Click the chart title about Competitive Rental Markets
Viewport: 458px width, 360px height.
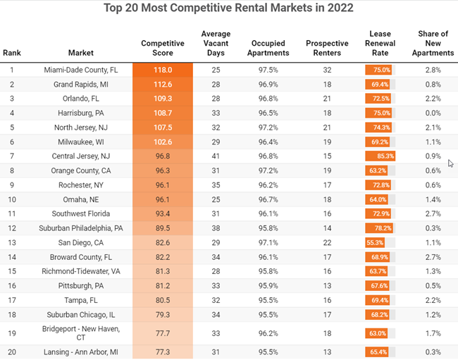228,9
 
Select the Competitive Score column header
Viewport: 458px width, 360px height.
163,48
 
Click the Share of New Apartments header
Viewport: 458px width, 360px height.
433,43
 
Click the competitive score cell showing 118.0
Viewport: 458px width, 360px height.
163,70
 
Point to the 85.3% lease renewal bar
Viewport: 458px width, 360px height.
380,155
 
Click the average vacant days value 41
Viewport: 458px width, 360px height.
216,155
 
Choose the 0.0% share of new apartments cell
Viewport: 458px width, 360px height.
433,113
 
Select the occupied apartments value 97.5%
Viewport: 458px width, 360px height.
268,70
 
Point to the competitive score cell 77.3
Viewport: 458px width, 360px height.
163,352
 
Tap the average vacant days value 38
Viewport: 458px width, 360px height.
216,228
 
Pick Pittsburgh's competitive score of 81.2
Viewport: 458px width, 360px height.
163,285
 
